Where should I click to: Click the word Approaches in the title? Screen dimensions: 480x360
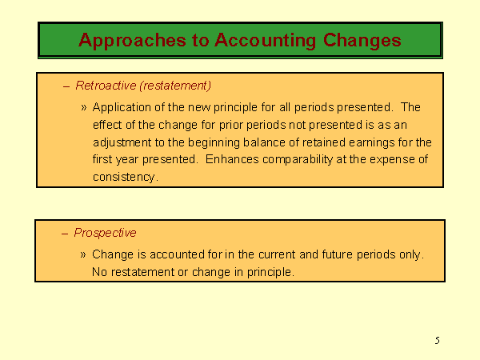pyautogui.click(x=132, y=41)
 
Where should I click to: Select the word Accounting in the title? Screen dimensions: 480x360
pyautogui.click(x=265, y=41)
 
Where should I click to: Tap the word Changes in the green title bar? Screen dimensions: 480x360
pyautogui.click(x=362, y=40)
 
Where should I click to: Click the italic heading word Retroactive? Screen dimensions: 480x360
pyautogui.click(x=106, y=86)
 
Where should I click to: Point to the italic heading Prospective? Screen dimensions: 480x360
pyautogui.click(x=105, y=233)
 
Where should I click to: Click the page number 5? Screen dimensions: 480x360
pyautogui.click(x=437, y=341)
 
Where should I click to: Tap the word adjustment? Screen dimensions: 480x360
pyautogui.click(x=122, y=142)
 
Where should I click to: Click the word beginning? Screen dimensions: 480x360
pyautogui.click(x=214, y=142)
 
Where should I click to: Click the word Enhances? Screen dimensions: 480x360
pyautogui.click(x=232, y=159)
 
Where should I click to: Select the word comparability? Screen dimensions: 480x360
pyautogui.click(x=298, y=160)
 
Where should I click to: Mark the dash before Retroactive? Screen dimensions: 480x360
pyautogui.click(x=66, y=87)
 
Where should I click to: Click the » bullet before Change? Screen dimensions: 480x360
pyautogui.click(x=83, y=254)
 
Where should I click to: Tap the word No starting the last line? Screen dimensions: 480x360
pyautogui.click(x=99, y=272)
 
